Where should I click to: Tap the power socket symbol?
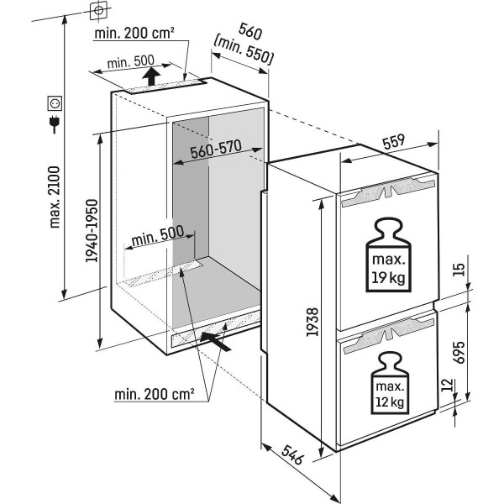56,104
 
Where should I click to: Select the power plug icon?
56,126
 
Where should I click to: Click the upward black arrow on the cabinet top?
150,78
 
